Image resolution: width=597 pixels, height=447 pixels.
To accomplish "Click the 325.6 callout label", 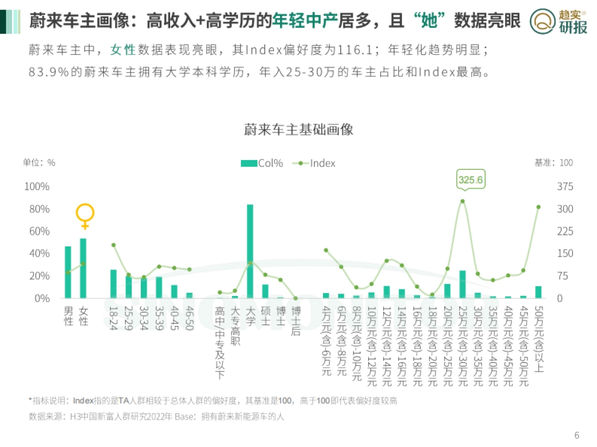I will (x=470, y=180).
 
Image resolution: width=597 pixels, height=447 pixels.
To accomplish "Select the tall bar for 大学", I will (x=250, y=251).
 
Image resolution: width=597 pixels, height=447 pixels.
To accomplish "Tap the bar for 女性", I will (x=83, y=268).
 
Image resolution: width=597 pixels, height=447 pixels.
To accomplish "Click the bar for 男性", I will (x=68, y=272).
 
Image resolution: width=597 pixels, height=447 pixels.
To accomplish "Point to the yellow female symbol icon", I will (x=85, y=216).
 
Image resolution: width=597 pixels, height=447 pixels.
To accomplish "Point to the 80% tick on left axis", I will (x=37, y=209).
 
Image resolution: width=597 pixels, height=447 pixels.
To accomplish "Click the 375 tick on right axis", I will (x=565, y=187).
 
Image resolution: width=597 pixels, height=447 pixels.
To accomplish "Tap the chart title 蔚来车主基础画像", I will (x=298, y=130).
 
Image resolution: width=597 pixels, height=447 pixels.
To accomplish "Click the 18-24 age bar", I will (x=113, y=284).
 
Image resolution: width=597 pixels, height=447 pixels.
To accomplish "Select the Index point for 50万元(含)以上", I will (x=538, y=207).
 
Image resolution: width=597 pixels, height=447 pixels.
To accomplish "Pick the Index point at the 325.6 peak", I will (x=462, y=201).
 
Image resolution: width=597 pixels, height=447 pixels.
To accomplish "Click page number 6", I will (x=577, y=436).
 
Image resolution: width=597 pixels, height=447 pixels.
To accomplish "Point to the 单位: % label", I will (x=39, y=163).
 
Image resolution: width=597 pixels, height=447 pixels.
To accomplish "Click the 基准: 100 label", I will (x=553, y=163).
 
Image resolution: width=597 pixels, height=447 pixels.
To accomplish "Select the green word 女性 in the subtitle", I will (x=123, y=50).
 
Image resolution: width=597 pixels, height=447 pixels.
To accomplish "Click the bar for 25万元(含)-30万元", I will (x=462, y=284).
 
